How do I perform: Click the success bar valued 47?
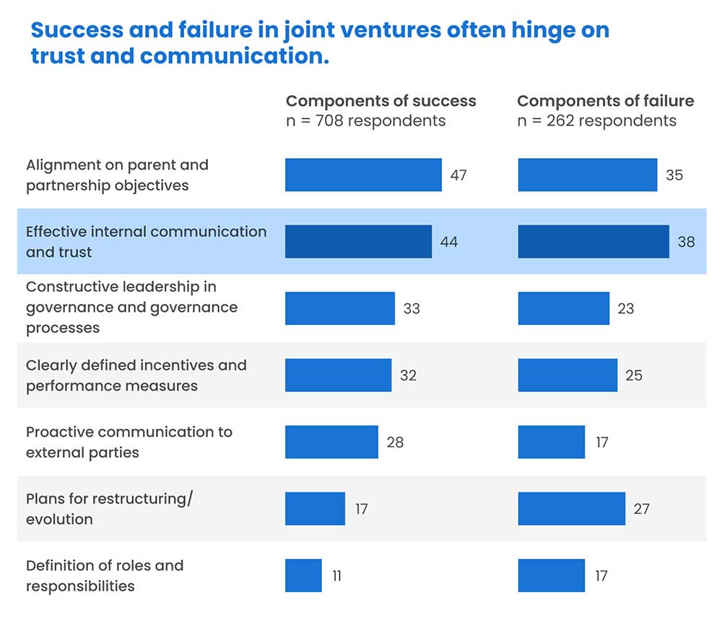(x=363, y=175)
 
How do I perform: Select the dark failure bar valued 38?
(x=593, y=241)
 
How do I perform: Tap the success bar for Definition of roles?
(x=303, y=575)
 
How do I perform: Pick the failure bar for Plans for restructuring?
(x=571, y=508)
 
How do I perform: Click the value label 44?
(x=449, y=242)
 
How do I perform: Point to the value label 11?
(x=336, y=576)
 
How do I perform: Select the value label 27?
(x=641, y=509)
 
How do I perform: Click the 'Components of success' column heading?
(x=381, y=100)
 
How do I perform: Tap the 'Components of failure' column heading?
(x=605, y=100)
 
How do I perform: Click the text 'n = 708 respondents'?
(x=365, y=121)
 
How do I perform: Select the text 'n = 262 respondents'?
(x=596, y=121)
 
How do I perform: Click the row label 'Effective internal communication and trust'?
(x=146, y=242)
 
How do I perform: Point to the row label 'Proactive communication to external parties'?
(x=129, y=442)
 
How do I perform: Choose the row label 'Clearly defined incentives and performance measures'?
(x=136, y=375)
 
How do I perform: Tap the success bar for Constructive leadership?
(x=339, y=308)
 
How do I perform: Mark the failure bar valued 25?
(x=567, y=375)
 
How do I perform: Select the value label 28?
(x=395, y=442)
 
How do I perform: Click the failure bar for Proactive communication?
(x=551, y=442)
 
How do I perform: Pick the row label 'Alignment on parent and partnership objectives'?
(x=117, y=175)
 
